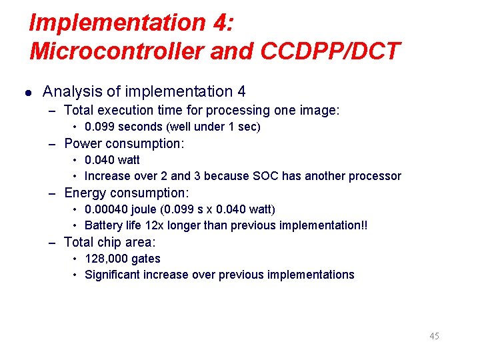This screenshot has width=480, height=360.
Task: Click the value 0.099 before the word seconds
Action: click(x=100, y=127)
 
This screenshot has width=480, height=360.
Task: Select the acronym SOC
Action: click(x=265, y=176)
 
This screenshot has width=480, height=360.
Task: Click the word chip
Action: click(x=111, y=242)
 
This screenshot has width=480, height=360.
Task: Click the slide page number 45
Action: click(x=434, y=336)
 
